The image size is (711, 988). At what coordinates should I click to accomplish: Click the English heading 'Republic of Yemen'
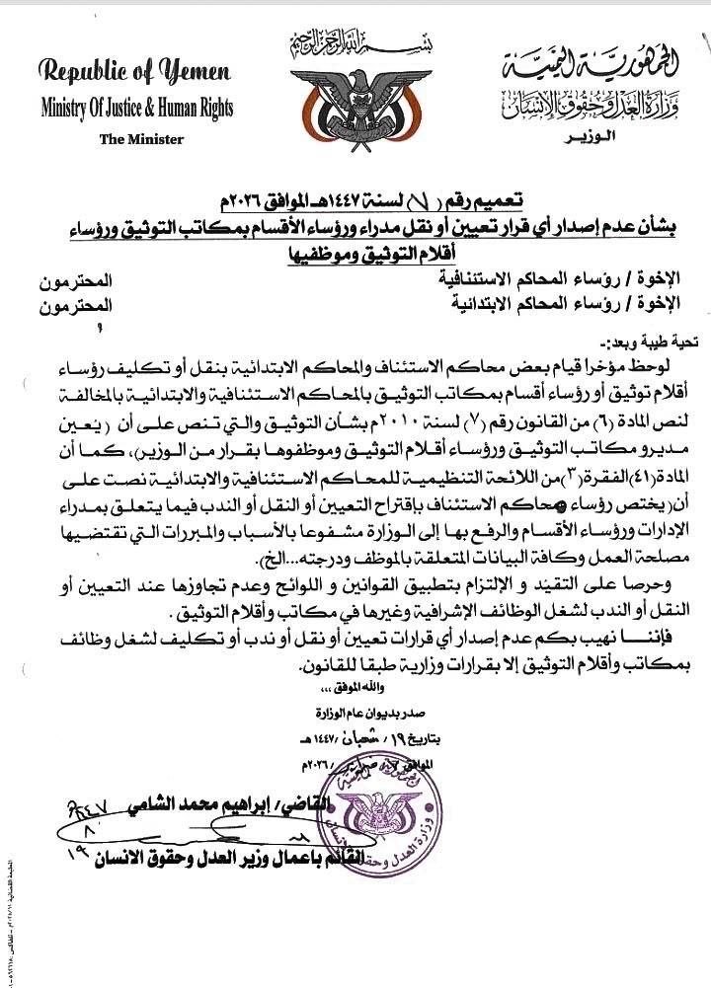[135, 72]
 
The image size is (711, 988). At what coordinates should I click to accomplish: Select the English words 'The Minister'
[141, 139]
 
